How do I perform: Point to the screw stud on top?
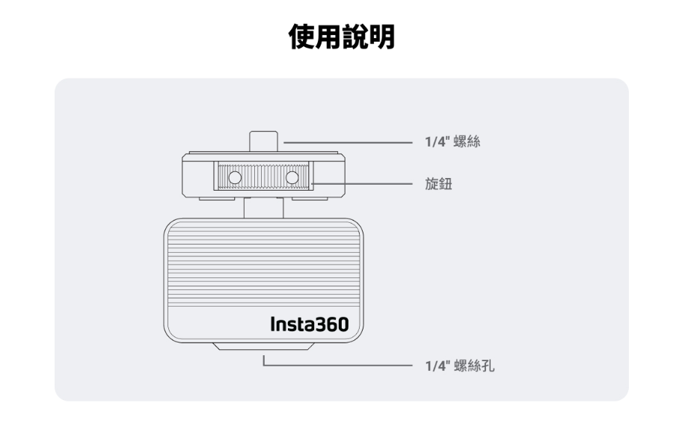coord(263,141)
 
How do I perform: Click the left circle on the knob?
coord(234,179)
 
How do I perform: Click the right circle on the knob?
coord(292,179)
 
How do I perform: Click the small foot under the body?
coord(263,345)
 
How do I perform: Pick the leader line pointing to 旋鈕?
coord(363,182)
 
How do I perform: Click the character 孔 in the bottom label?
coord(485,367)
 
